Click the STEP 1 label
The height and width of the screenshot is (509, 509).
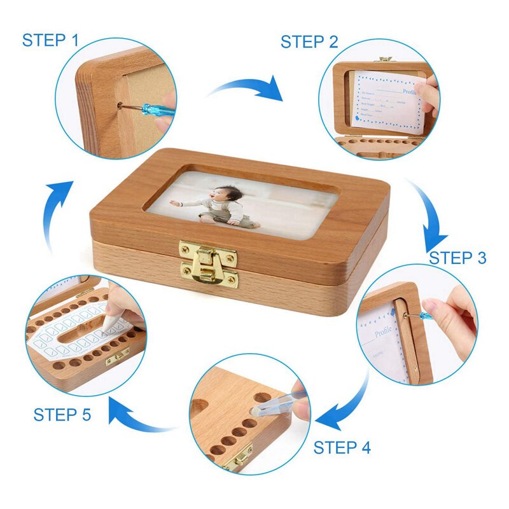tap(50, 40)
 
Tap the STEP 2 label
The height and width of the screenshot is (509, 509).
tap(309, 42)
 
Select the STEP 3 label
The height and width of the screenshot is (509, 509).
tap(457, 258)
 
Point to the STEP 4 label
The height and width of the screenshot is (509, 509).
tap(342, 447)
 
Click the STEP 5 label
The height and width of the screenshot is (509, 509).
tap(62, 415)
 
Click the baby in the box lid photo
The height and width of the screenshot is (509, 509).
tap(220, 206)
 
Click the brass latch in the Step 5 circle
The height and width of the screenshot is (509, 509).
tap(118, 359)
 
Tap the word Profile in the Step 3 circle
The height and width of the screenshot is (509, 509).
tap(382, 333)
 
